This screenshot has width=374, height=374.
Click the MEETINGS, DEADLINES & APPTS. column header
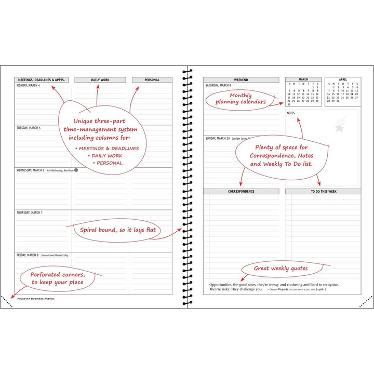(x=41, y=80)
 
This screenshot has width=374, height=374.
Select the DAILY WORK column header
(x=100, y=80)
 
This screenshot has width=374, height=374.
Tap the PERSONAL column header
(x=152, y=80)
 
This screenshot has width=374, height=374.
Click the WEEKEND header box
(x=241, y=80)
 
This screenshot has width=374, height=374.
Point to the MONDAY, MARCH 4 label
(x=29, y=85)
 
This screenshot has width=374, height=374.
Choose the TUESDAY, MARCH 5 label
(x=29, y=128)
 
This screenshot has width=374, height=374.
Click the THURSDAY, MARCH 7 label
(x=30, y=212)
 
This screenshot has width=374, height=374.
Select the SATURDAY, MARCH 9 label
(x=218, y=85)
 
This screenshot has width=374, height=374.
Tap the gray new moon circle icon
(x=76, y=170)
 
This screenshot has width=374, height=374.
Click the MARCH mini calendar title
(x=303, y=79)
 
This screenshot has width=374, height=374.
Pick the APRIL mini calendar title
(x=343, y=79)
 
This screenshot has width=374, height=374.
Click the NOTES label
(x=291, y=113)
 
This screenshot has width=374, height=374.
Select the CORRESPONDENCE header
(x=241, y=191)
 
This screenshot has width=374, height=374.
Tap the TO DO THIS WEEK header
(x=323, y=191)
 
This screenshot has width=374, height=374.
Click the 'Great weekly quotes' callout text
(x=280, y=269)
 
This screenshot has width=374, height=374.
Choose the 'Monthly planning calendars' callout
(x=241, y=99)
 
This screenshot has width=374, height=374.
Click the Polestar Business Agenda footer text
(x=36, y=299)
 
